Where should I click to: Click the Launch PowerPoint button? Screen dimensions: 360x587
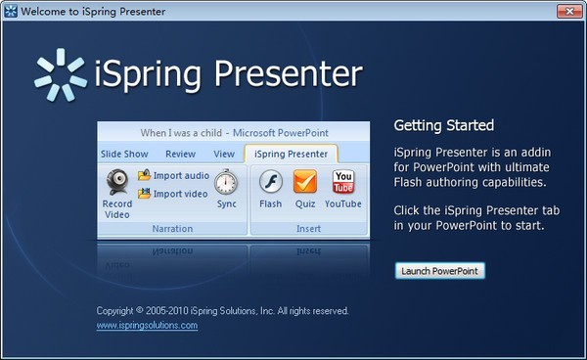click(440, 270)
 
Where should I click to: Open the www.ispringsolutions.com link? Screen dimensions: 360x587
click(147, 325)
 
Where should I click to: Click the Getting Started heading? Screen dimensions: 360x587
click(443, 125)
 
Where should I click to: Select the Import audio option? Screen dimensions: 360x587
click(174, 176)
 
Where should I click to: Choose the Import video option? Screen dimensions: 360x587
click(173, 194)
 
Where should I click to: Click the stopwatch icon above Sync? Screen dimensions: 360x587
click(226, 182)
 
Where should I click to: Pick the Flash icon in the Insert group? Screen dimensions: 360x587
click(270, 182)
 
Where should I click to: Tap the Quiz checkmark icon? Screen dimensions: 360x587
click(305, 182)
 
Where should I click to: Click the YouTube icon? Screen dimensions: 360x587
click(343, 182)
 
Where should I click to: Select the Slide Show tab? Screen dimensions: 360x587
click(124, 154)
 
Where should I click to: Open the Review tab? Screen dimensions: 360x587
click(180, 154)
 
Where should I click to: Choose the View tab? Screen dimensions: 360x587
click(224, 154)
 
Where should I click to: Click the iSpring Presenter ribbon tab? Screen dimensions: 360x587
click(291, 154)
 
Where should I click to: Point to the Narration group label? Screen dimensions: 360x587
click(172, 228)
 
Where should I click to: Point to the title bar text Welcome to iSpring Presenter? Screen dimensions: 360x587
click(94, 10)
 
